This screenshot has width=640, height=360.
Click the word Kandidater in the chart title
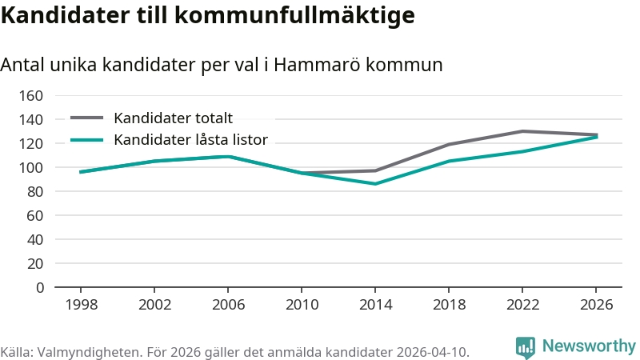(x=66, y=15)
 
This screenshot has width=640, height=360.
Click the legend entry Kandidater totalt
(x=173, y=118)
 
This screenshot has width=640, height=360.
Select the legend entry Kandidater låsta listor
(x=190, y=139)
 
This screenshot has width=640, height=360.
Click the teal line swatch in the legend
(x=87, y=140)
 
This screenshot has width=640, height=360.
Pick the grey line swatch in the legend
(x=87, y=118)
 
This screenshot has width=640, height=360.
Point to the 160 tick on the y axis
(x=31, y=95)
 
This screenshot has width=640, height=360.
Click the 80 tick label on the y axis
(x=35, y=191)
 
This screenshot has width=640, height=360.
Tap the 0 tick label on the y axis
(x=39, y=288)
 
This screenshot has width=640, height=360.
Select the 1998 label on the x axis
(x=82, y=305)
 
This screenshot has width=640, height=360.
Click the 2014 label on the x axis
(x=375, y=305)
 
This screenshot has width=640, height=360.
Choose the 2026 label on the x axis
(x=596, y=305)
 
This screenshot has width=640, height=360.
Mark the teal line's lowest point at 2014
(x=375, y=184)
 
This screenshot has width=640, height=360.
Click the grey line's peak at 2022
(x=522, y=131)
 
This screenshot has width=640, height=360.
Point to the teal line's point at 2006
(x=228, y=156)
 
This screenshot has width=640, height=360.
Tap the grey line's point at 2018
(x=449, y=145)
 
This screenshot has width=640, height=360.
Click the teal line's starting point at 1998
(x=81, y=172)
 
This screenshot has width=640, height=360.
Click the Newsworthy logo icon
(x=526, y=347)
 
